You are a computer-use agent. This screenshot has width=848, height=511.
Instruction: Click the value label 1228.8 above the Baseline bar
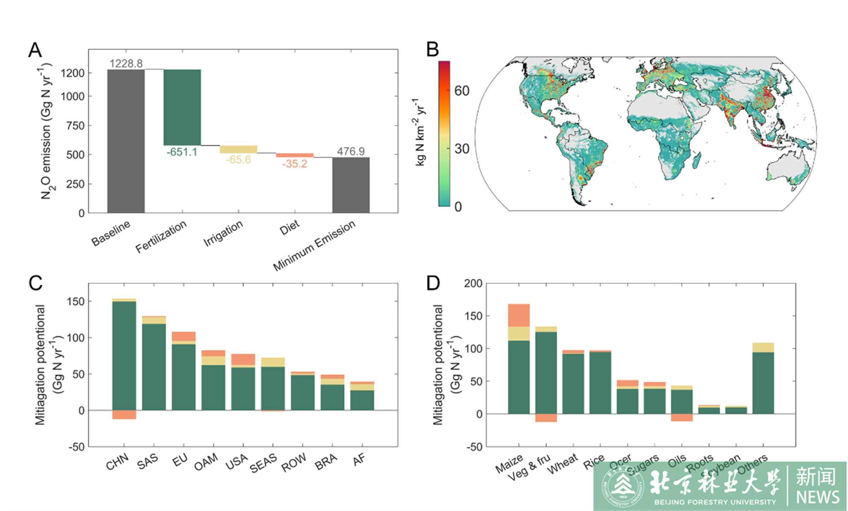pos(126,64)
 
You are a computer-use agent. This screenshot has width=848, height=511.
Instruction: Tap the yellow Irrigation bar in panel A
pos(238,149)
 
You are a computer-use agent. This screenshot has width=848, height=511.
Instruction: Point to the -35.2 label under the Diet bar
pos(294,164)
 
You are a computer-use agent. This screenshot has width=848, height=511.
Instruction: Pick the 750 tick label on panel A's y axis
pos(75,125)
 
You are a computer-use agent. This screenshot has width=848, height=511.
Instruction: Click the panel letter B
pos(432,49)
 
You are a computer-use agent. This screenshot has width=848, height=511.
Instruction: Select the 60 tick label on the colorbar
pos(461,91)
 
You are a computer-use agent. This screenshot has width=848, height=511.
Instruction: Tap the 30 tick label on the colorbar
pos(461,149)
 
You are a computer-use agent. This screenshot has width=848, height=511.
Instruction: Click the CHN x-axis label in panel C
pos(117,462)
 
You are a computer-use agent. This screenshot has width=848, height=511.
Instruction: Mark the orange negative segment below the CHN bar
pos(124,415)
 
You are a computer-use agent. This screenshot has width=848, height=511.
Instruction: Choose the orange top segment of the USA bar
pos(243,359)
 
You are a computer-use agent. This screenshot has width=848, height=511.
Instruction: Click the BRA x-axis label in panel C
pos(326,462)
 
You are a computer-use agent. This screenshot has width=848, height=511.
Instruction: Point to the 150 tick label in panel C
pos(76,301)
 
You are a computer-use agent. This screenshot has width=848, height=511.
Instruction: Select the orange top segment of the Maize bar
pos(519,315)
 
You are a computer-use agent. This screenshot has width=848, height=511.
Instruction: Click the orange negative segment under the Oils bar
pos(682,417)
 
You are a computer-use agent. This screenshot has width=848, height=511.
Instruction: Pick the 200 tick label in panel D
pos(473,283)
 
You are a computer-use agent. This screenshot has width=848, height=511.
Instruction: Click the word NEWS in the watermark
pos(818,497)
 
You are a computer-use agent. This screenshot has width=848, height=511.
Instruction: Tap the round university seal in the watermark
pos(622,487)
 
